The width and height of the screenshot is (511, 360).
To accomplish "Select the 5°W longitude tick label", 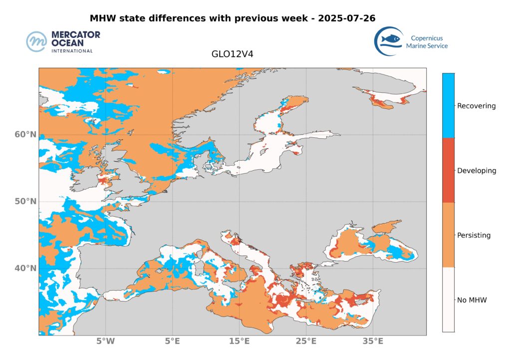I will click(106, 342).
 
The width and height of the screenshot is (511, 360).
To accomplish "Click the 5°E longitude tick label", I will click(173, 342).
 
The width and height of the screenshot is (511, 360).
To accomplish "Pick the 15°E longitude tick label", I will click(240, 342).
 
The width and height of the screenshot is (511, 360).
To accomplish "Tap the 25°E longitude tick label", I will click(306, 342).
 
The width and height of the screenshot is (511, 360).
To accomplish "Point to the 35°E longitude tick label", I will click(373, 342).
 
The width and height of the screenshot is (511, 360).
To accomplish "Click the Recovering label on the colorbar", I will click(477, 106).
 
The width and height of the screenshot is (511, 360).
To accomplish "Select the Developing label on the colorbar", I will click(477, 171).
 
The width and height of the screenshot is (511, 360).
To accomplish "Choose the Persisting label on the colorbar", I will click(474, 235).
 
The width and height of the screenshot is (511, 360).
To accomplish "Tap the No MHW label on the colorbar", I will click(472, 300).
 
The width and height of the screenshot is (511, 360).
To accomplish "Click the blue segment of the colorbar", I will click(448, 105).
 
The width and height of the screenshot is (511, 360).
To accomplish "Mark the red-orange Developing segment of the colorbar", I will click(448, 170).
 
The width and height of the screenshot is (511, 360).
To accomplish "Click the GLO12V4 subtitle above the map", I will click(233, 54).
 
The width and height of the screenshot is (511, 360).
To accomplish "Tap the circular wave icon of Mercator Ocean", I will click(36, 41).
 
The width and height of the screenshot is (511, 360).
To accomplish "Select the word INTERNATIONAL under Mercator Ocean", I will click(72, 51).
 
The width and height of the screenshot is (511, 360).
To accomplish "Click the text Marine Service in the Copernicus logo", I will click(427, 46).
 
